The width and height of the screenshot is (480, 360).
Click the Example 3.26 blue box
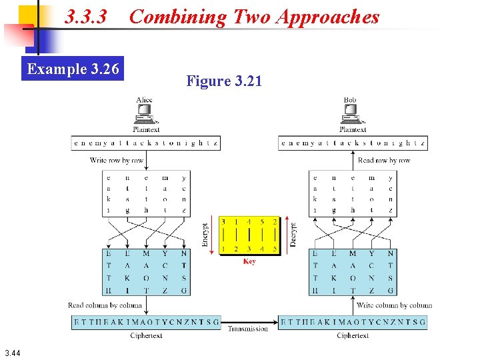[73, 69]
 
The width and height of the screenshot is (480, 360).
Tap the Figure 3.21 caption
[224, 81]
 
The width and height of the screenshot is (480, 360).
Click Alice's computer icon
[144, 116]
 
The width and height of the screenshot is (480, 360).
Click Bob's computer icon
[350, 116]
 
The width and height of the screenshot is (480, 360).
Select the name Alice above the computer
[144, 100]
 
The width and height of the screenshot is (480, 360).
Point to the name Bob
[350, 100]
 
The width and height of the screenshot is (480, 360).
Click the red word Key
[249, 261]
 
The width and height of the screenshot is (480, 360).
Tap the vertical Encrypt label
[205, 235]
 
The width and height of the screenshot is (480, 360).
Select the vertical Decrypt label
[293, 235]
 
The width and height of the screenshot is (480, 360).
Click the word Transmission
[247, 328]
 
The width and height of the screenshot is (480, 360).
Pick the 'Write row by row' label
[117, 160]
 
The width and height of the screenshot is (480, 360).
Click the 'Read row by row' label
[384, 160]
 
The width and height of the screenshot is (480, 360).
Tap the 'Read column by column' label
[105, 305]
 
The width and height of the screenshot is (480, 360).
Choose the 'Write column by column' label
[394, 305]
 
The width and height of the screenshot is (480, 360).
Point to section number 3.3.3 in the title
[86, 17]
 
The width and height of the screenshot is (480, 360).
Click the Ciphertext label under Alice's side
[146, 336]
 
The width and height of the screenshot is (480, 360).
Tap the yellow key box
[249, 235]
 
